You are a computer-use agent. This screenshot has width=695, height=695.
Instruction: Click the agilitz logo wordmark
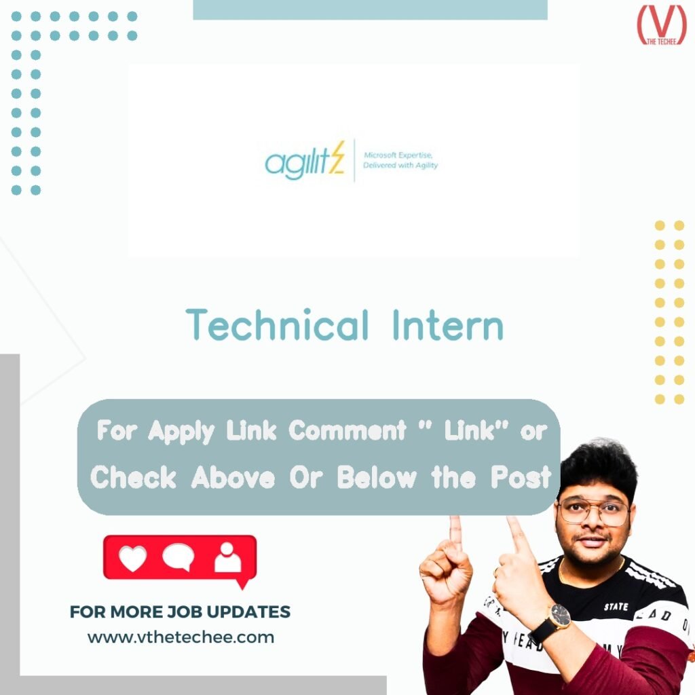pyautogui.click(x=299, y=163)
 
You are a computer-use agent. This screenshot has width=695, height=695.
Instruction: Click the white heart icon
pyautogui.click(x=132, y=558)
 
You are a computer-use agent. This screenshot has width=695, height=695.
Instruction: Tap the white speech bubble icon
pyautogui.click(x=179, y=557)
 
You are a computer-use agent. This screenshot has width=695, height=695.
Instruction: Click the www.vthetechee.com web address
pyautogui.click(x=181, y=637)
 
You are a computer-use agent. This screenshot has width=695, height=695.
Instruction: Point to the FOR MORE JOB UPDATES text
pyautogui.click(x=180, y=612)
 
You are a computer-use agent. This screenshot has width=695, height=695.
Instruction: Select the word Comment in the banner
pyautogui.click(x=347, y=430)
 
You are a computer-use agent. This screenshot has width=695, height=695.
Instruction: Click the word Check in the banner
pyautogui.click(x=134, y=477)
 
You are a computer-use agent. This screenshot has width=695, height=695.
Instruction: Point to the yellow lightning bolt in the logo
pyautogui.click(x=337, y=158)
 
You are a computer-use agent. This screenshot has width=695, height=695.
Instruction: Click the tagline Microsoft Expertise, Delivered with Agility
pyautogui.click(x=400, y=160)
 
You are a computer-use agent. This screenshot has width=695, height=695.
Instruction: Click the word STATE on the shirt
pyautogui.click(x=616, y=606)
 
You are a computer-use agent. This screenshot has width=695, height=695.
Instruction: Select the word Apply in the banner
pyautogui.click(x=181, y=430)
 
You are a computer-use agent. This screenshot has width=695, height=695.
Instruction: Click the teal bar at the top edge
pyautogui.click(x=370, y=10)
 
